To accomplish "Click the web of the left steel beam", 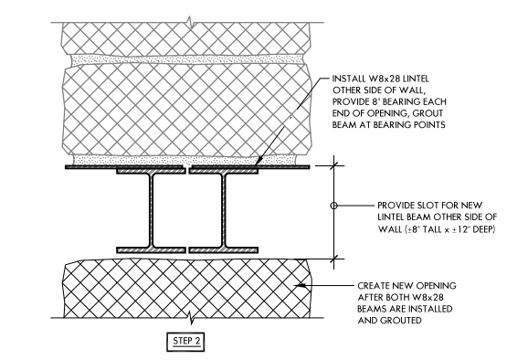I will tap(153, 211).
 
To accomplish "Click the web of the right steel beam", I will tap(222, 211).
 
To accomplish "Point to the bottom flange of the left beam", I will tap(152, 249).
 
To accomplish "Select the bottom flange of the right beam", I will tap(222, 249).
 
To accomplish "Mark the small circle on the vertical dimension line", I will tap(333, 206).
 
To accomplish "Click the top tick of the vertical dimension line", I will tap(333, 166).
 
